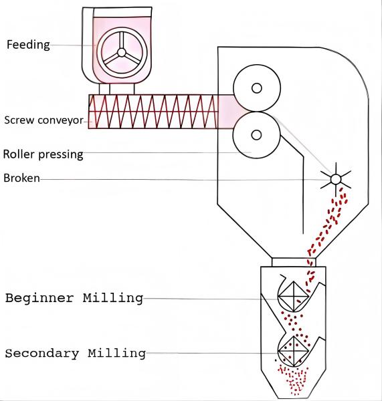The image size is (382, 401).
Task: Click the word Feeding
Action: coord(28,45)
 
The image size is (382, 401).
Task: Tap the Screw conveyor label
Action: coord(43,120)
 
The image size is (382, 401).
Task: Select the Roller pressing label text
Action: coord(43,154)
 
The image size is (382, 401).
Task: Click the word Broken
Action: coord(21,178)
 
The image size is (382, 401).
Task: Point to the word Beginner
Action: coord(39,298)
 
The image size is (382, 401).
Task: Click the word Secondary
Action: coord(42,354)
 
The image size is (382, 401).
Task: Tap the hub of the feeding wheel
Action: coord(122,53)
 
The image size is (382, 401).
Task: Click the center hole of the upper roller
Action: coord(257,88)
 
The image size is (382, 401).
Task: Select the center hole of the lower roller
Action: coord(256,135)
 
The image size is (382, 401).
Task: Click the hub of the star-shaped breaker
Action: coord(336,179)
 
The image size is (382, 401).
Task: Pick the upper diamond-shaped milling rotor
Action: coord(293,297)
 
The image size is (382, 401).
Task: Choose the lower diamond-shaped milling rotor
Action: coord(293,352)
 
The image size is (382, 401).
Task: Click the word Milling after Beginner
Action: coord(113,298)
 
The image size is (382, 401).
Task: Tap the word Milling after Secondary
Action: coord(117,354)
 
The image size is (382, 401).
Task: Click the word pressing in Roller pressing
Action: coord(61,155)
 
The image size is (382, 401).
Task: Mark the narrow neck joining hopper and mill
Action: coord(294,263)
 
